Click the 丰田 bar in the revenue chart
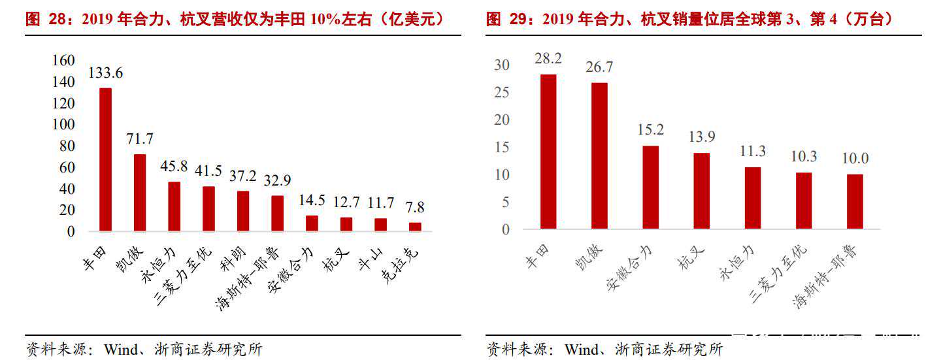pyautogui.click(x=105, y=159)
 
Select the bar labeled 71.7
pyautogui.click(x=140, y=193)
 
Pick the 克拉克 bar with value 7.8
pyautogui.click(x=415, y=227)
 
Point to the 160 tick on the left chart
pyautogui.click(x=64, y=60)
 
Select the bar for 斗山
pyautogui.click(x=380, y=224)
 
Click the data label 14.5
pyautogui.click(x=312, y=200)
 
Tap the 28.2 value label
pyautogui.click(x=548, y=58)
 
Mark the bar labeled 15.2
pyautogui.click(x=650, y=187)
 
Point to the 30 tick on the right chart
pyautogui.click(x=501, y=65)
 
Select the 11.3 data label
pyautogui.click(x=752, y=152)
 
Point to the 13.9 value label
pyautogui.click(x=701, y=137)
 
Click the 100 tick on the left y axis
pyautogui.click(x=64, y=124)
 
